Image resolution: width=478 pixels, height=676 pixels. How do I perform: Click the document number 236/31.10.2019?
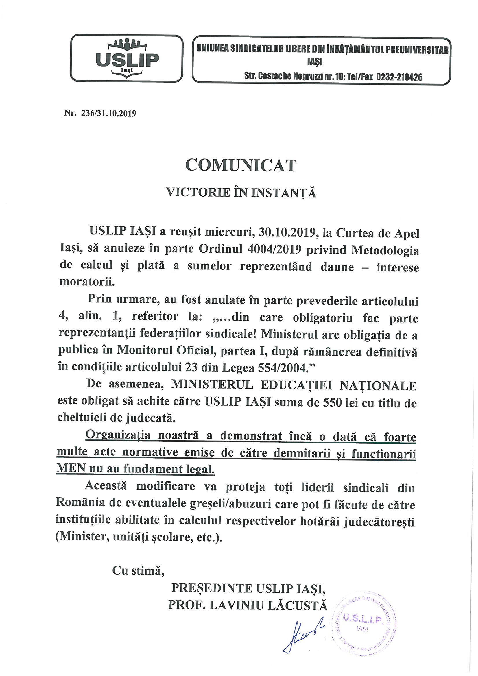tap(108, 114)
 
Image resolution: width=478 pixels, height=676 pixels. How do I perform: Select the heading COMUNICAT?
tap(241, 166)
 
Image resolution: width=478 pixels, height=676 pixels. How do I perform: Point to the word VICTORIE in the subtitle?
tap(194, 193)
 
